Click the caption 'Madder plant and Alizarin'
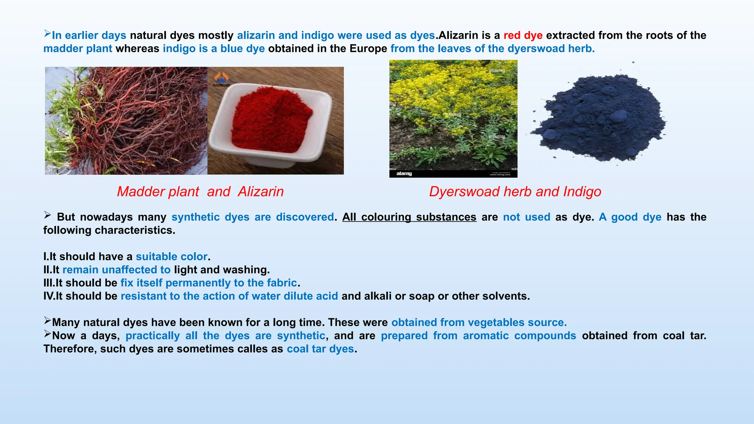[200, 192]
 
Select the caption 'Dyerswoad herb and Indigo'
[515, 192]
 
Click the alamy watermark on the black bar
[404, 173]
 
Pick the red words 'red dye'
[523, 35]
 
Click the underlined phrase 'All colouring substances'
[409, 217]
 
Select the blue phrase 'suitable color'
[172, 257]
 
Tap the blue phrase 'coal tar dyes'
[320, 349]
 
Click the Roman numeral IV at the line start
[48, 296]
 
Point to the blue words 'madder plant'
[78, 49]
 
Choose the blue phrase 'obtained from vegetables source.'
[479, 322]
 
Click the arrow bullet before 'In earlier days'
[47, 34]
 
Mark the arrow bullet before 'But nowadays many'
[47, 215]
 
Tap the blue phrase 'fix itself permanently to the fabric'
[208, 283]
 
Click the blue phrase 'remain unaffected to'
[116, 270]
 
